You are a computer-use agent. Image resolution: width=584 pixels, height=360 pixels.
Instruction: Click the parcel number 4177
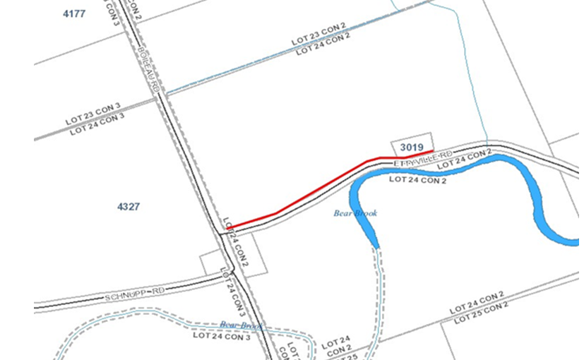coord(74,13)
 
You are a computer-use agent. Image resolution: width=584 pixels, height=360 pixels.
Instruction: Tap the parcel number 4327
coord(129,207)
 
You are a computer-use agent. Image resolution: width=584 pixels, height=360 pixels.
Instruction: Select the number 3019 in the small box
coord(411,147)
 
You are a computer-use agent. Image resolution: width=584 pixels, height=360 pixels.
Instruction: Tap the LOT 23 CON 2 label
coord(318,35)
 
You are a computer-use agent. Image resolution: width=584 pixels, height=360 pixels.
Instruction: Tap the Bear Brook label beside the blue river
coord(355,213)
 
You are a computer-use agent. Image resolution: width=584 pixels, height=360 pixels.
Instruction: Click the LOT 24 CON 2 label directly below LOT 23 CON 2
coord(323,44)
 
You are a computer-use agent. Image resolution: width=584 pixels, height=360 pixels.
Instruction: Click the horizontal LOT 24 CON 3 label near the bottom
coord(222,336)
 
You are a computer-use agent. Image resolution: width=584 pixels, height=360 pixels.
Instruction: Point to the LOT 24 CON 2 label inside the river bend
coord(418,180)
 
